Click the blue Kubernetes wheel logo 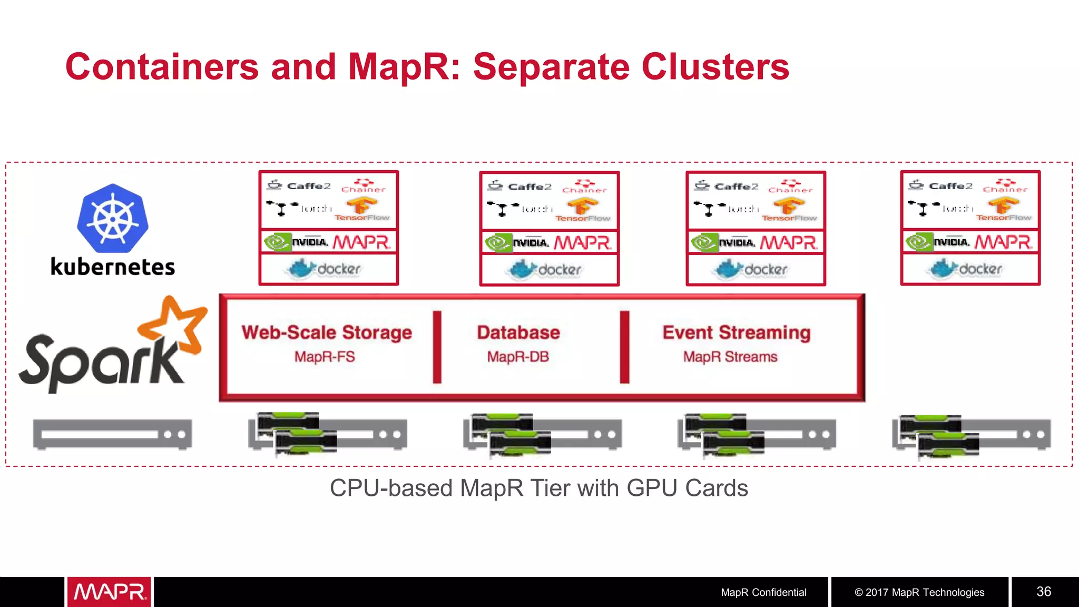(112, 218)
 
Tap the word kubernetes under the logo (112, 267)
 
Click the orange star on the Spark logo (174, 324)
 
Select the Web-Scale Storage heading (327, 332)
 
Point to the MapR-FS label (325, 357)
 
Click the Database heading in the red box (518, 332)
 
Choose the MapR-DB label (518, 357)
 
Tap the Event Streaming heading (737, 332)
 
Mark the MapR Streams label (730, 357)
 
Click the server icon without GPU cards (112, 434)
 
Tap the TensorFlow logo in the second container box (582, 210)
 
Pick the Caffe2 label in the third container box (735, 187)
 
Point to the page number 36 (1044, 592)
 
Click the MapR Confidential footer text (763, 592)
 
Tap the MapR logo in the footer (109, 592)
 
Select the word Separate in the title (550, 67)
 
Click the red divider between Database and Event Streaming (625, 347)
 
